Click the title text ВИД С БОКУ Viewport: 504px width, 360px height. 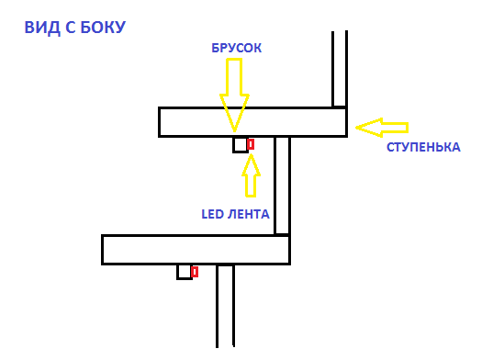pos(75,28)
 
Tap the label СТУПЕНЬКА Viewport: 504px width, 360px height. pos(423,147)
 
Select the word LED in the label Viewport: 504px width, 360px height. pos(213,214)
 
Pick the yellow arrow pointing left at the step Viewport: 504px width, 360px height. pos(381,125)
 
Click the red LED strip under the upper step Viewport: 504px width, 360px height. pos(251,144)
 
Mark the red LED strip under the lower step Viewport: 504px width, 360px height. pos(195,272)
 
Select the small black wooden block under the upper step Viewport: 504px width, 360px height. pos(241,144)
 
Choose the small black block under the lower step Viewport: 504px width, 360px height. pos(184,272)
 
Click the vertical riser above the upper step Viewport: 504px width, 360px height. pos(340,69)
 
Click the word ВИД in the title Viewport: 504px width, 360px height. pos(41,28)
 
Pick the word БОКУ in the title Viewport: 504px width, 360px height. pos(103,28)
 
